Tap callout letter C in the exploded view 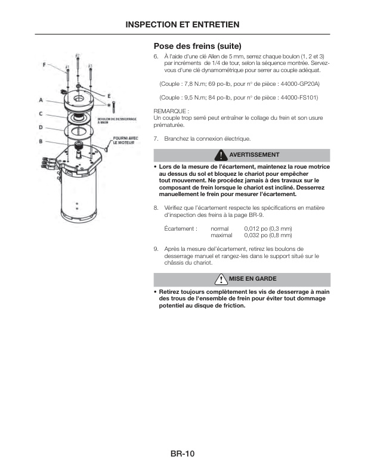pos(41,113)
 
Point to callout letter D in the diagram pos(41,127)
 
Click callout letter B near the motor pos(41,141)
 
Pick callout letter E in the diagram pos(109,95)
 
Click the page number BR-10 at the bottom pos(182,454)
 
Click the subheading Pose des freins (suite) pos(197,45)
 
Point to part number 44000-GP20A pos(298,84)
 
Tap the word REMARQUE pos(171,111)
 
